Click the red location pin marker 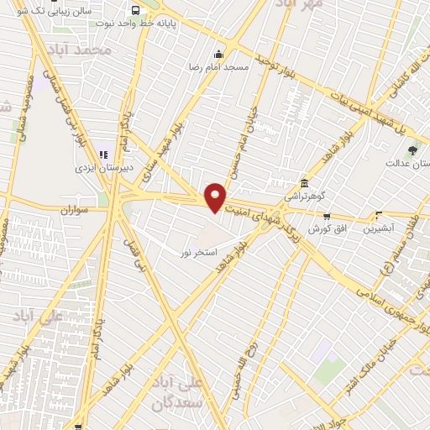(216, 197)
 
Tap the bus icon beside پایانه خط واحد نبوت (136, 11)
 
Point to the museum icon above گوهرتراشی (303, 183)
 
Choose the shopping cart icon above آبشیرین (379, 215)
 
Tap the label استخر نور (200, 251)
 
